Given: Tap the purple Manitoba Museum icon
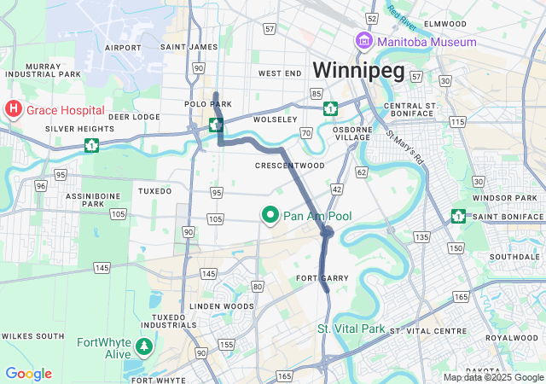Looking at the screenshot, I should [364, 42].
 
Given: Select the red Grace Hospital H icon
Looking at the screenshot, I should [14, 109].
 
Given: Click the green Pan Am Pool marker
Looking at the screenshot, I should [271, 215].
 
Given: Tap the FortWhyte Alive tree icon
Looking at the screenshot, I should [144, 346].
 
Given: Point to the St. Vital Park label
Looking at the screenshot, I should [351, 329].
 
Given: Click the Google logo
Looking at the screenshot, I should [28, 374].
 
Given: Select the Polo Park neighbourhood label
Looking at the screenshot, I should [195, 103].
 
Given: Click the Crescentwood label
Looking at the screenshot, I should [290, 165].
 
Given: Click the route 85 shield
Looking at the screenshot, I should [317, 92].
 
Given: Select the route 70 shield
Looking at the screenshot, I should [306, 133].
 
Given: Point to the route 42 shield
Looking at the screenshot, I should [337, 189].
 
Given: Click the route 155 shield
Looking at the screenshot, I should [226, 345].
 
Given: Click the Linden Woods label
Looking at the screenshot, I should [222, 305].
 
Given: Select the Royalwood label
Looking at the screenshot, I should [511, 338].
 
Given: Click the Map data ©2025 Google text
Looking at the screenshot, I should [492, 377].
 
